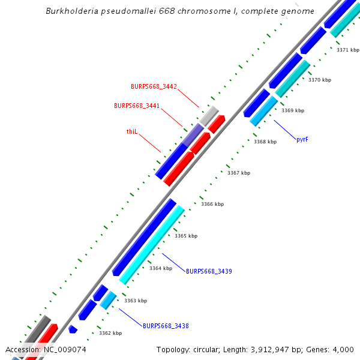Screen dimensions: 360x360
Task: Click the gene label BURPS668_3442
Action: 154,86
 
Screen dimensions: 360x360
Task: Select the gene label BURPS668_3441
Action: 137,106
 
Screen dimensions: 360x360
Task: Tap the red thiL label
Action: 132,131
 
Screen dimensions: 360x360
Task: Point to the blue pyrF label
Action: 303,139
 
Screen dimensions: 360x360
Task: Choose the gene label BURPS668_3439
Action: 209,271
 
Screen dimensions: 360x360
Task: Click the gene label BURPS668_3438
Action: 166,326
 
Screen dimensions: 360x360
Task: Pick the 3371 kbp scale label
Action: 348,50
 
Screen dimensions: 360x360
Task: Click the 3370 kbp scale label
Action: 320,80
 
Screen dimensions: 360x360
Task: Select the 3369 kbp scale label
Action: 293,110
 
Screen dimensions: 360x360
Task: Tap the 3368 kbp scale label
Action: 265,142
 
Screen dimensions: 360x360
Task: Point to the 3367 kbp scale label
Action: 239,173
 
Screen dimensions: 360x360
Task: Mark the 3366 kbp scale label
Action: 212,204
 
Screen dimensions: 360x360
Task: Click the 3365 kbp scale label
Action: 186,236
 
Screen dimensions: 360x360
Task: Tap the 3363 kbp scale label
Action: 136,301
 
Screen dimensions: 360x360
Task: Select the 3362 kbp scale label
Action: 110,333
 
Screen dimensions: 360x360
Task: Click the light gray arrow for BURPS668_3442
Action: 209,115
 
